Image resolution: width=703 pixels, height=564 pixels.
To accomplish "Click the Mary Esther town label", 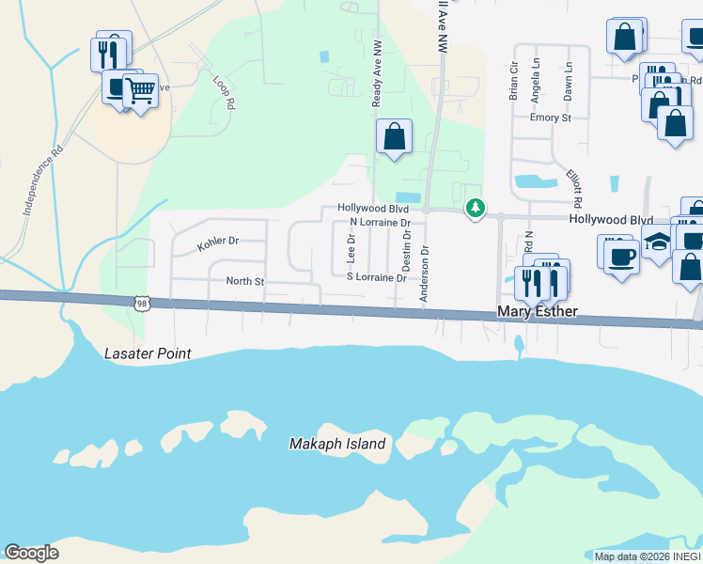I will point(537,312).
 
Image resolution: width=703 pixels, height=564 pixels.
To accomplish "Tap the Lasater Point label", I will point(147,353).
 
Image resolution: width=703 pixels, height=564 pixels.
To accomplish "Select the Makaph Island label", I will point(337,444).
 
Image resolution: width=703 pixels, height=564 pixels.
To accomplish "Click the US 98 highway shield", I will point(141,303).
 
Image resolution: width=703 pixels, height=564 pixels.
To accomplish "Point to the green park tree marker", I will point(476,208).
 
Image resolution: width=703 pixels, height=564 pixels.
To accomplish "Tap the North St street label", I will point(245,281).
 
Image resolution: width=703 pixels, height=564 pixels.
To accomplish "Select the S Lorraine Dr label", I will point(376,278).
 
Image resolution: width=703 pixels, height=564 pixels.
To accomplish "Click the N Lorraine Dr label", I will point(380,223).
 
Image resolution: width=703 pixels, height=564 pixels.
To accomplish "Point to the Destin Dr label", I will point(407,249).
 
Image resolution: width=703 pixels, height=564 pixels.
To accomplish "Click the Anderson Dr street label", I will point(425,274).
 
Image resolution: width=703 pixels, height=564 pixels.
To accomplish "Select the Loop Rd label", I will point(222,93).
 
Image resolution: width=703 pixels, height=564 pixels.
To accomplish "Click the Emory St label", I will point(551,117).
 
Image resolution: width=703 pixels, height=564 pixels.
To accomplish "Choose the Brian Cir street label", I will point(513,82).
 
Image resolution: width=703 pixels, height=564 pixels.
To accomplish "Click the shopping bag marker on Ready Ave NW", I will point(395,136).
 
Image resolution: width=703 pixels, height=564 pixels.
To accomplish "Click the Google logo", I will point(31,553).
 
